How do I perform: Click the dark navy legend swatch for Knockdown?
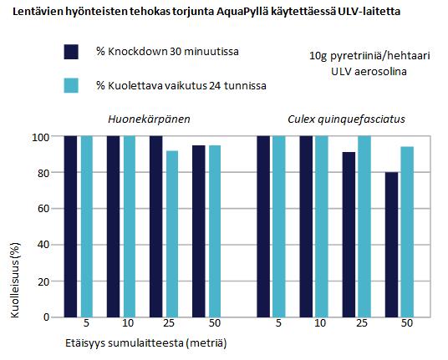click(71, 52)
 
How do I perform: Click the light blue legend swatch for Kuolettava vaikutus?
click(71, 85)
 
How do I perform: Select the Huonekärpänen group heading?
click(149, 119)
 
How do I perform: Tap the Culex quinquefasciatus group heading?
click(346, 119)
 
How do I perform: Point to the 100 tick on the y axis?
click(41, 137)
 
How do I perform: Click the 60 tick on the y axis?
click(43, 209)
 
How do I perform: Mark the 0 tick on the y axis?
click(47, 317)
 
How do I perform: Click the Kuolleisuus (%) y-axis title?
click(15, 280)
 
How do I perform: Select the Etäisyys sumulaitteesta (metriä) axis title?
click(146, 342)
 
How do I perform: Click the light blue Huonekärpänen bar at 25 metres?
click(172, 234)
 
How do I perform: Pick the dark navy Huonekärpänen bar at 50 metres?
click(199, 231)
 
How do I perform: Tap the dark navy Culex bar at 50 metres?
click(391, 245)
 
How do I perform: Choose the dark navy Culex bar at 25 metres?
click(349, 235)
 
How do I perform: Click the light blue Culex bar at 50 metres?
click(407, 232)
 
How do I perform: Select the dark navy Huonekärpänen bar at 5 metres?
click(70, 226)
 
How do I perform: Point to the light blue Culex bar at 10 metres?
click(322, 226)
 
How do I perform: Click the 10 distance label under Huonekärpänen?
click(128, 323)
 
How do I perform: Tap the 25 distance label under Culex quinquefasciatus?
click(361, 323)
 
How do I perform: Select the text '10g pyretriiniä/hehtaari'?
click(369, 56)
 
